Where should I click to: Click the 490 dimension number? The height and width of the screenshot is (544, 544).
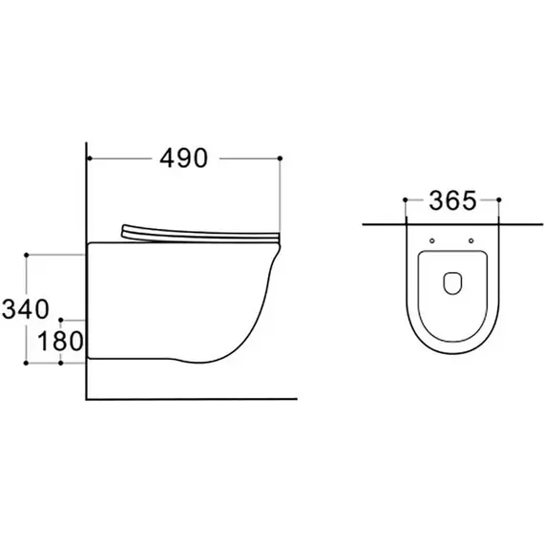[183, 158]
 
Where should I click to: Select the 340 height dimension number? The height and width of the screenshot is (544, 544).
[26, 309]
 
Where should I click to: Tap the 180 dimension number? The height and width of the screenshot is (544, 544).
[60, 341]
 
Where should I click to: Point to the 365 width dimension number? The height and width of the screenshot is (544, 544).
[452, 200]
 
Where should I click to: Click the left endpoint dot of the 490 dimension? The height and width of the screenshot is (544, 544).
[90, 158]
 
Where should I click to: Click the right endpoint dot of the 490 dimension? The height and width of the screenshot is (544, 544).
[280, 158]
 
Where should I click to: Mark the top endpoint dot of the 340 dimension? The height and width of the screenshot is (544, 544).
[27, 255]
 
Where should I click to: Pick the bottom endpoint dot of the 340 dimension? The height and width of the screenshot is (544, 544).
[26, 363]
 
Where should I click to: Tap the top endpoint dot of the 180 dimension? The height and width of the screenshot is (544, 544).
[61, 320]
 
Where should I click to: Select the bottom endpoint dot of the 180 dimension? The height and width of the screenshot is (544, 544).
[61, 363]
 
